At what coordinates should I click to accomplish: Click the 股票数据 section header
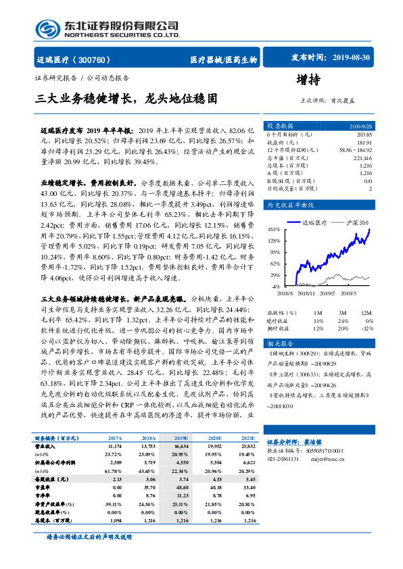point(279,126)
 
